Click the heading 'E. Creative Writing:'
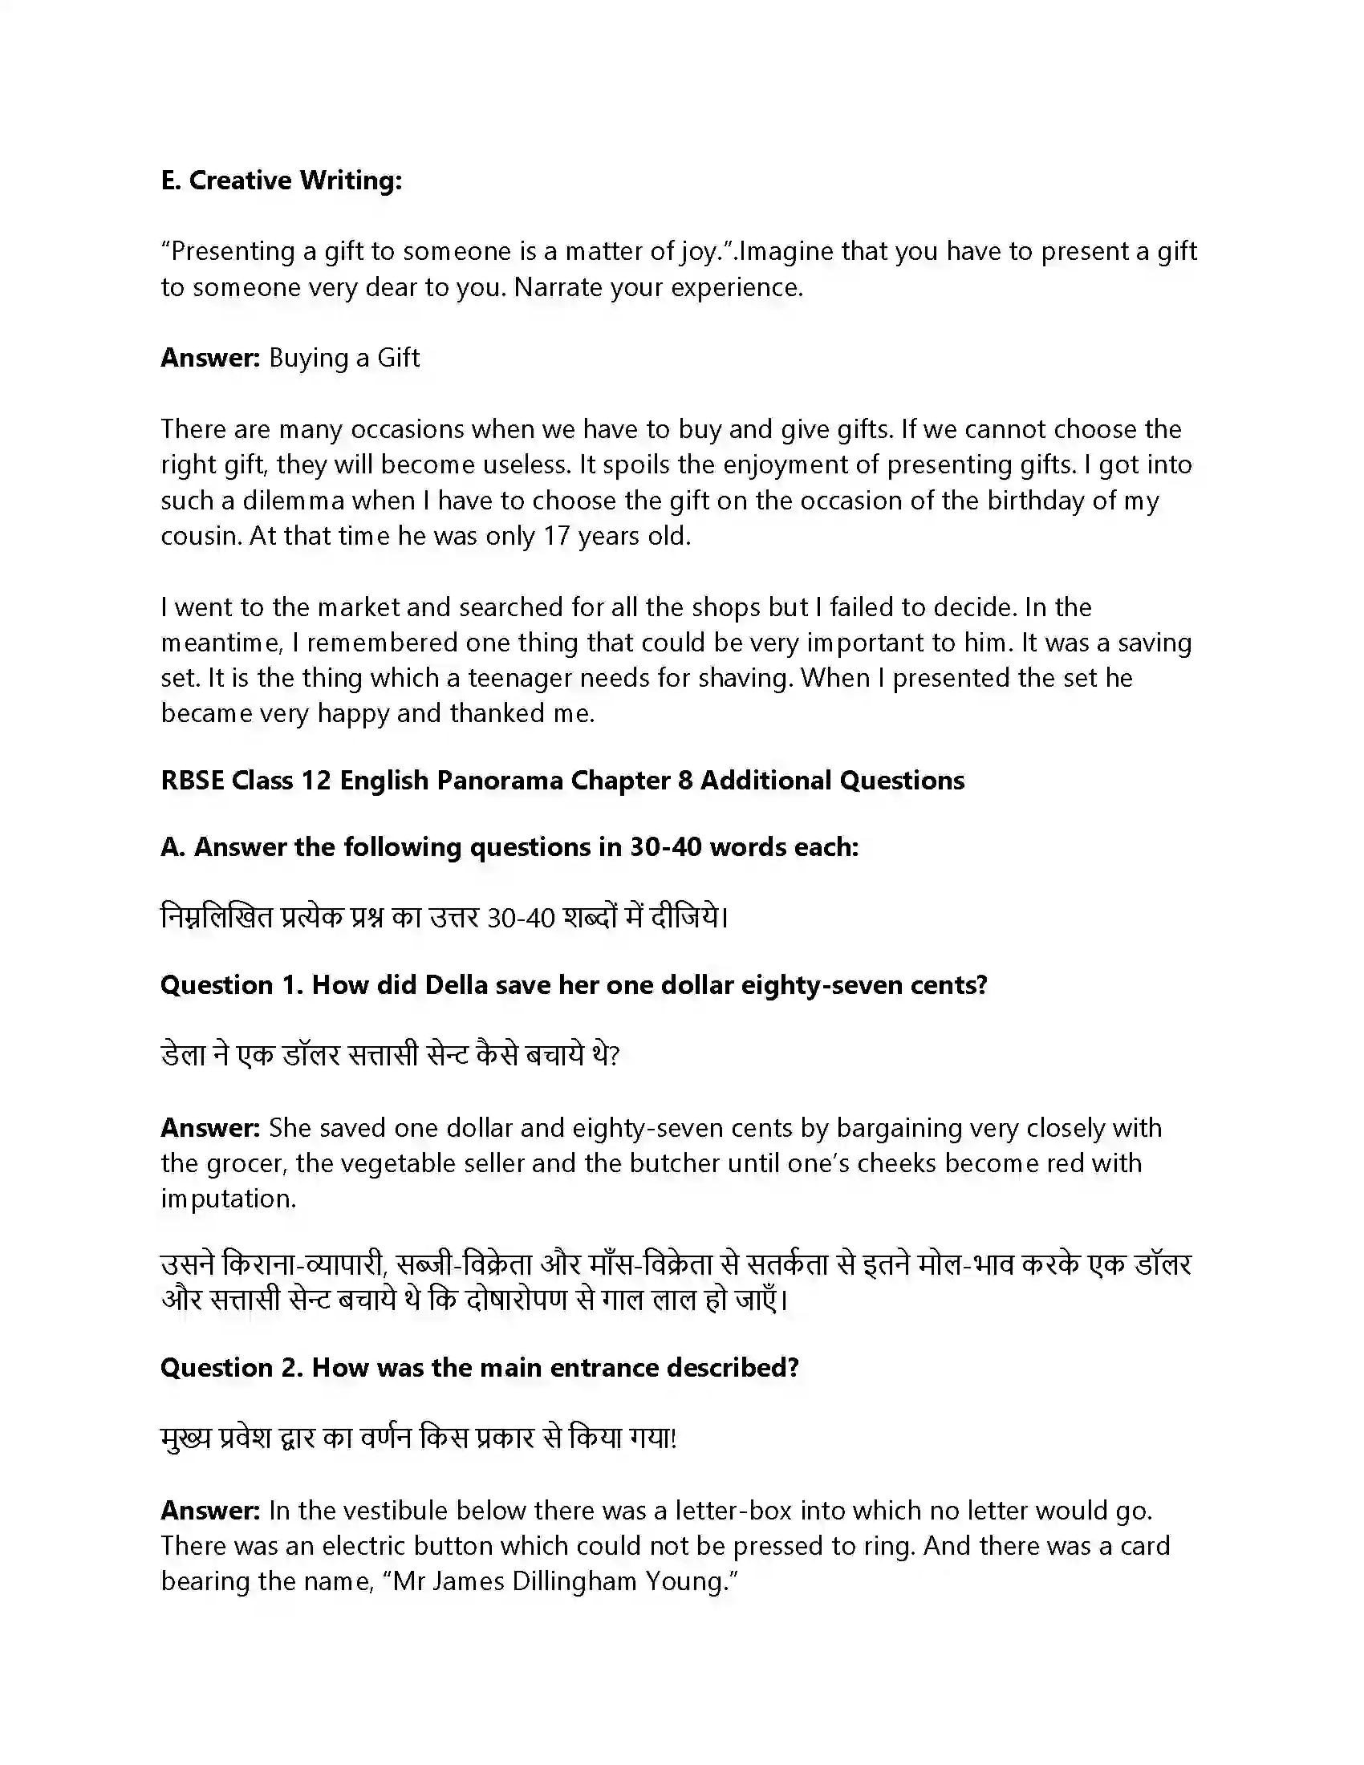(280, 181)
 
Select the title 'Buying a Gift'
(343, 358)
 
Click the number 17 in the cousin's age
(557, 537)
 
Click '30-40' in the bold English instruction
(666, 847)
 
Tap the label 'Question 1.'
(232, 985)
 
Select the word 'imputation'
(228, 1199)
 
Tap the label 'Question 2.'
(232, 1368)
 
